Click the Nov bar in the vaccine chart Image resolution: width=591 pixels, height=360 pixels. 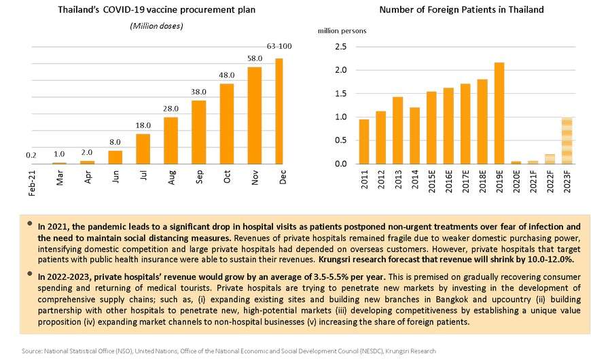pos(255,115)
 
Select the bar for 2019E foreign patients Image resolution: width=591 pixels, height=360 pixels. pos(499,113)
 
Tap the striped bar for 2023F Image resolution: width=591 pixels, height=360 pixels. pos(567,141)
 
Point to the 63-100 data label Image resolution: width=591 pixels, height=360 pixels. pos(279,46)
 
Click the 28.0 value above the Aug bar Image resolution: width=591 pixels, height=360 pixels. pos(171,109)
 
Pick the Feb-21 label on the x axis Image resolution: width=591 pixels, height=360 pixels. pos(32,183)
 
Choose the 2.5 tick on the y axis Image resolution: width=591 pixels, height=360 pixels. pos(341,47)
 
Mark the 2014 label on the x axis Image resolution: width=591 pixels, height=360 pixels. pos(415,179)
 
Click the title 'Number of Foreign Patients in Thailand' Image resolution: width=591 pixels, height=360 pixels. pos(461,10)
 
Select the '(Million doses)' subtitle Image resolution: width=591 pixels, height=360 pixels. pos(156,26)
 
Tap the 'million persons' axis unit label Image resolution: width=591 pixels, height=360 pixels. pos(342,31)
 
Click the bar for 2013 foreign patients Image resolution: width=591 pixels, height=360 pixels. pos(397,130)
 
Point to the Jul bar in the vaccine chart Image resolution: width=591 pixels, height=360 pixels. pos(143,149)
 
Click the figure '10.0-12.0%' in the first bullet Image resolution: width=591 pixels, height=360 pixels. pos(550,259)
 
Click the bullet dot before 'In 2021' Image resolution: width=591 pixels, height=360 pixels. pos(29,223)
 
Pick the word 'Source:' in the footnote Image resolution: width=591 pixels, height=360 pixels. pos(32,351)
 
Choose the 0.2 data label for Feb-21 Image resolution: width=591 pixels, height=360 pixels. pos(31,156)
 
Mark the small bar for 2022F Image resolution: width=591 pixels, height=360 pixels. pos(550,159)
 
